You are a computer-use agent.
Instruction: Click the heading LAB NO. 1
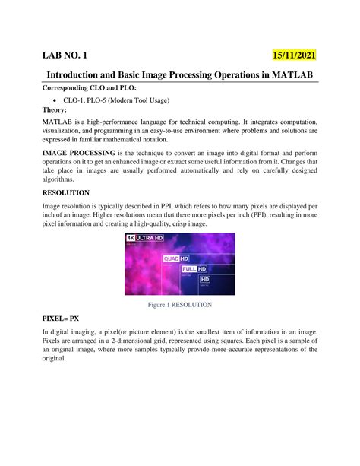click(x=69, y=55)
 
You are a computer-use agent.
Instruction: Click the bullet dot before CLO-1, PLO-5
click(x=55, y=100)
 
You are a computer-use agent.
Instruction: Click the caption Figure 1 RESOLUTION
click(x=179, y=304)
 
